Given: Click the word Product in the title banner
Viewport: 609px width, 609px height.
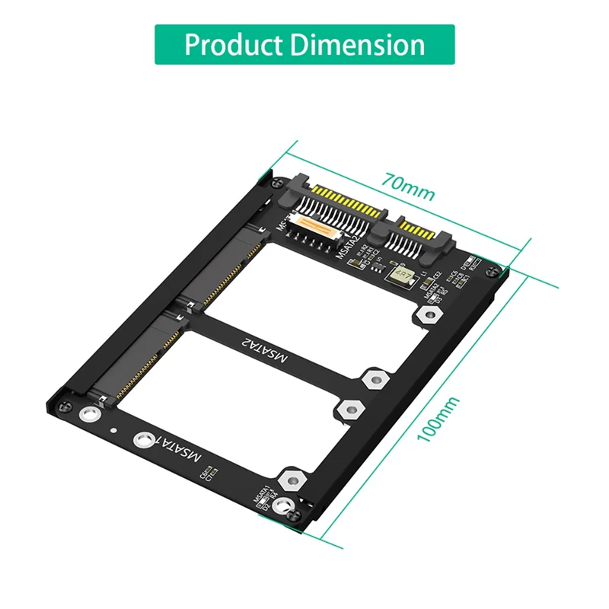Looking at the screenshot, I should click(x=232, y=44).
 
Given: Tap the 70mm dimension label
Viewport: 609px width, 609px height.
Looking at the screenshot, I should click(x=409, y=188).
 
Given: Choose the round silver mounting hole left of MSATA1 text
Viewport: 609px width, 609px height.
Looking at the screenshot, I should click(x=142, y=440).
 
